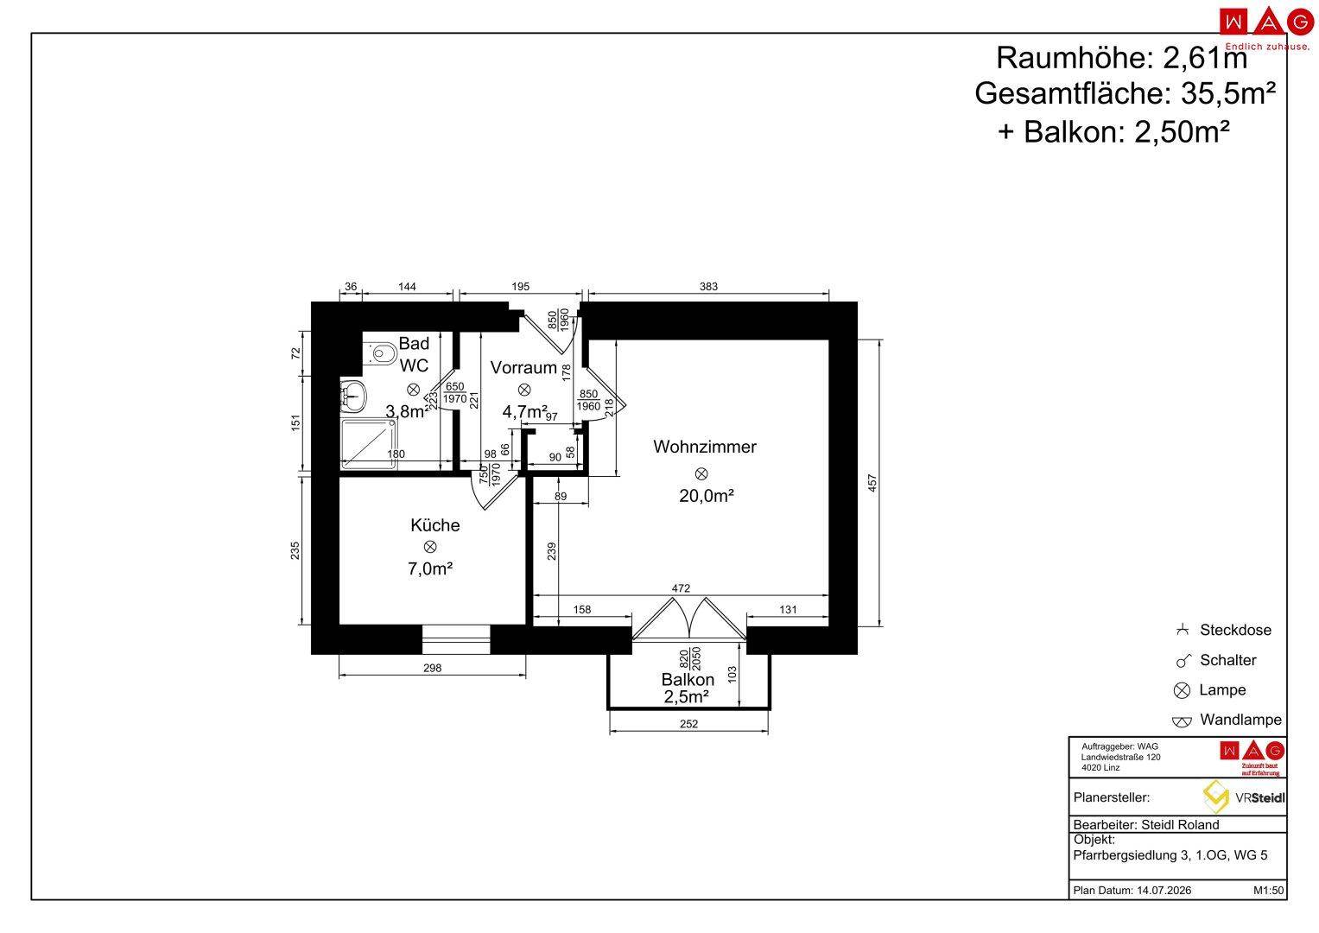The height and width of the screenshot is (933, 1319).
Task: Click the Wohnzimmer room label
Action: coord(704,447)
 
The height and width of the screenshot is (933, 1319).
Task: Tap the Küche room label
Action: coord(435,525)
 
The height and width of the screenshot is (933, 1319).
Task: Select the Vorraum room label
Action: coord(523,367)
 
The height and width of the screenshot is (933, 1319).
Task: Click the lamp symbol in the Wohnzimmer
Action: coord(701,473)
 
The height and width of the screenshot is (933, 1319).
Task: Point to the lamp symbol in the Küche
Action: coord(430,547)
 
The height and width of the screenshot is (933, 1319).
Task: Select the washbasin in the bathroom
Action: coord(354,396)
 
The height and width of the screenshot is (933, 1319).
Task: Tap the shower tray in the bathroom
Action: coord(369,444)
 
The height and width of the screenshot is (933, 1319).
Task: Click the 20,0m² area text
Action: coord(706,496)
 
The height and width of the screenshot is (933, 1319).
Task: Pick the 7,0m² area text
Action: coord(430,568)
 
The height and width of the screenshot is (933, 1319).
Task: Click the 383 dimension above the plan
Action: coord(708,286)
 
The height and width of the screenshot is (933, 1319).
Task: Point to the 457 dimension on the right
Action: coord(872,483)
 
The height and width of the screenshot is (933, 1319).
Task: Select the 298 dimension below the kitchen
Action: coord(432,668)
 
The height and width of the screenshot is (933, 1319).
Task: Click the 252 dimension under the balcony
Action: coord(689,724)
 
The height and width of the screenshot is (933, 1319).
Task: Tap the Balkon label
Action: coord(688,679)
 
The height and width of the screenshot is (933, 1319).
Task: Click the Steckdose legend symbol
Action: coord(1182,630)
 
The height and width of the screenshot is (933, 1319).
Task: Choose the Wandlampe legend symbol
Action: coord(1182,721)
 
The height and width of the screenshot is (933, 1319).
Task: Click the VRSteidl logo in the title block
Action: coord(1243,797)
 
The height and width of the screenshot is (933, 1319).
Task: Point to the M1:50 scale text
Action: coord(1268,890)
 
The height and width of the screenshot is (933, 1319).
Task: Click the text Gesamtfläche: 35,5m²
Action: coord(1126,93)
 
